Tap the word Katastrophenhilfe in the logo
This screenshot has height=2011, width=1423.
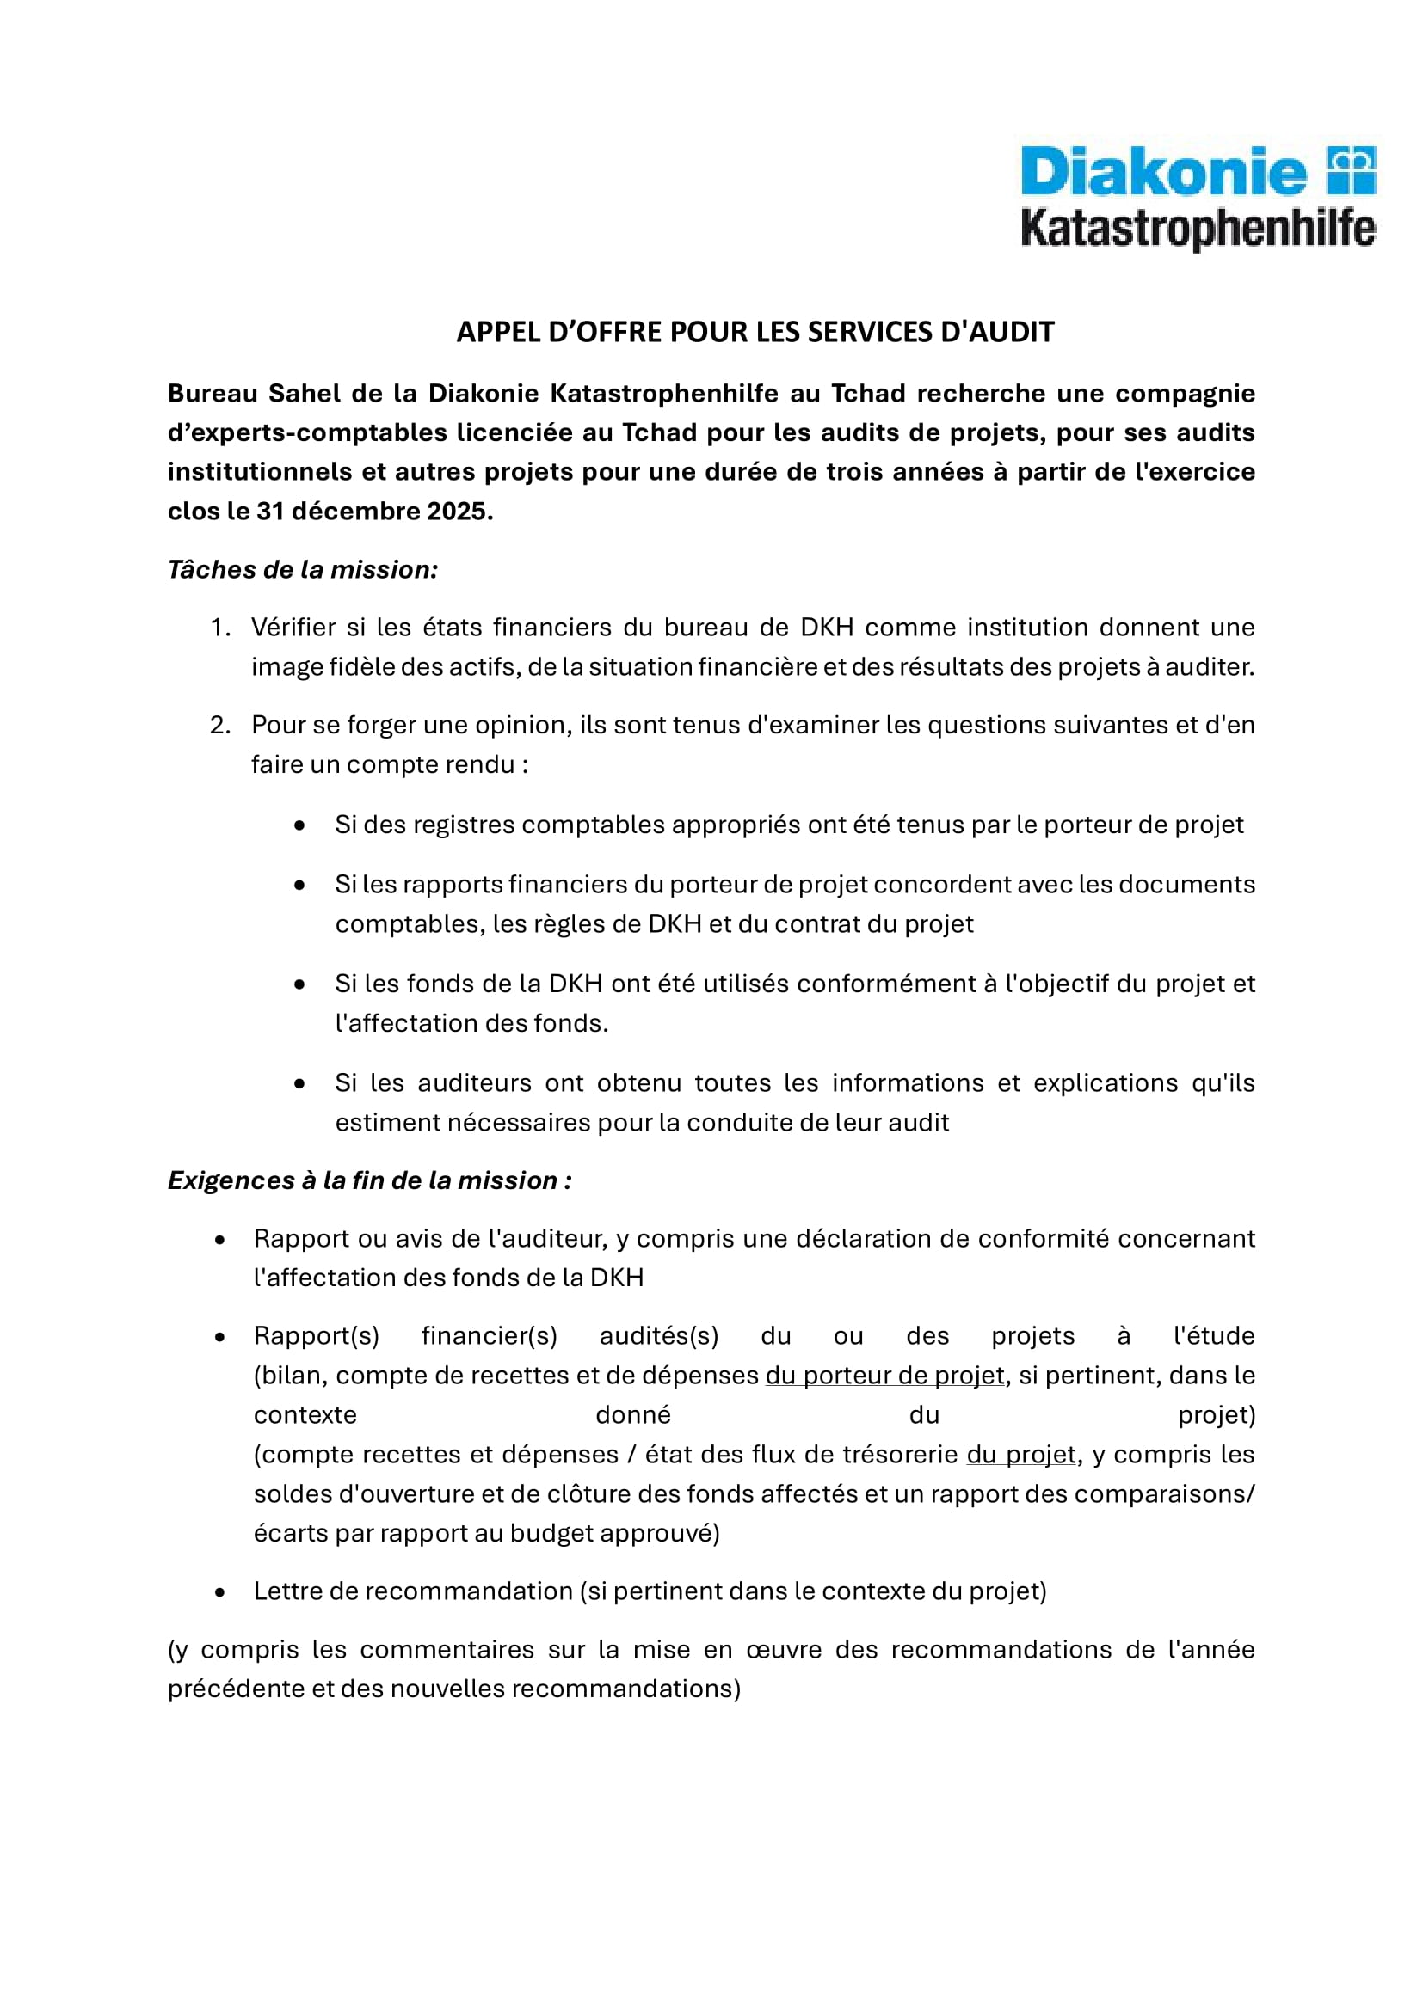click(x=1197, y=229)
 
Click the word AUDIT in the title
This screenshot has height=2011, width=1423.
click(x=1013, y=332)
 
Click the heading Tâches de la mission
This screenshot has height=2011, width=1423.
click(x=302, y=570)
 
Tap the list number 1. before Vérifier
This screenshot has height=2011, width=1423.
click(x=220, y=628)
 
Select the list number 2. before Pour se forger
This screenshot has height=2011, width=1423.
click(x=220, y=726)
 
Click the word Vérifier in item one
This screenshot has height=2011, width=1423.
click(x=293, y=628)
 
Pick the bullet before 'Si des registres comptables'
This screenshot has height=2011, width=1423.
click(x=299, y=825)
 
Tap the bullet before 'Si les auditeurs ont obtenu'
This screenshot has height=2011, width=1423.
click(x=299, y=1084)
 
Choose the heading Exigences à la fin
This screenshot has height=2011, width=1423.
click(x=369, y=1180)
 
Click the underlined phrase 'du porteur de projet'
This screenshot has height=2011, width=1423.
click(x=884, y=1376)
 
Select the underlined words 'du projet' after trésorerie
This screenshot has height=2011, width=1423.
click(x=1021, y=1455)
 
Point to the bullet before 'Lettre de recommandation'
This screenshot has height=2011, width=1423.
click(x=220, y=1592)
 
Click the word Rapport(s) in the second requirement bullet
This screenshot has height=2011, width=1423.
click(x=317, y=1337)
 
